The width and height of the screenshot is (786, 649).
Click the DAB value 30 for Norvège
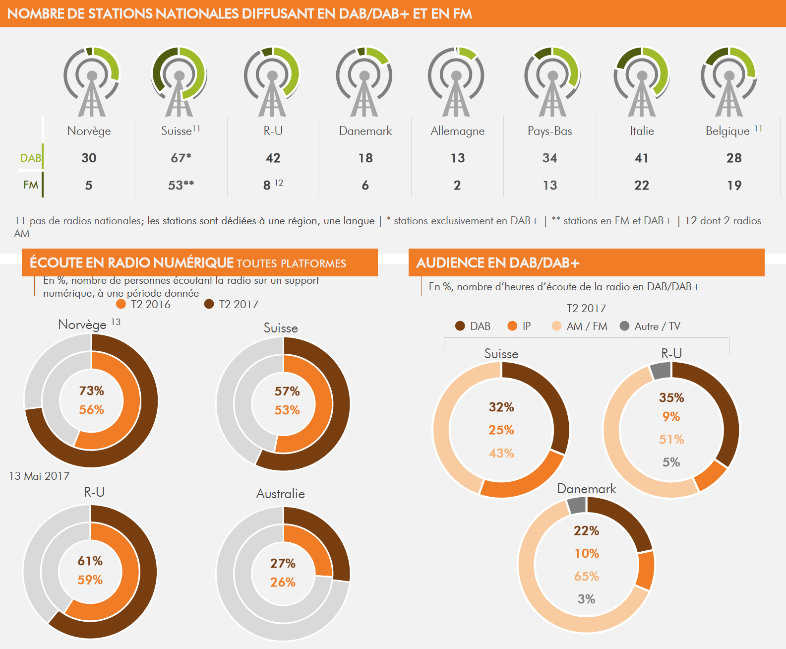(89, 158)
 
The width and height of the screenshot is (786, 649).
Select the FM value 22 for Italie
(641, 185)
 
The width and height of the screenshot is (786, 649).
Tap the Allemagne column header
(457, 131)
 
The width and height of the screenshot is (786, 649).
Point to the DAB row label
(30, 158)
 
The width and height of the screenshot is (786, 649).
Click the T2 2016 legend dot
(121, 304)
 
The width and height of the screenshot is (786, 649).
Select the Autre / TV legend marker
(624, 326)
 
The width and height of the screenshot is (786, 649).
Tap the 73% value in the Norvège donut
(92, 391)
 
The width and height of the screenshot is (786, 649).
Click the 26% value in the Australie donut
(283, 582)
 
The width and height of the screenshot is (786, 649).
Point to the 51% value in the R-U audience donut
(671, 439)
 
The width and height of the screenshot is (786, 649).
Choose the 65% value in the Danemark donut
(586, 576)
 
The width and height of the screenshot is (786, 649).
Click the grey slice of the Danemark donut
(577, 506)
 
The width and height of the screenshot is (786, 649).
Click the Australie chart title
(280, 494)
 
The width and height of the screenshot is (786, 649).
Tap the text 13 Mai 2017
(39, 476)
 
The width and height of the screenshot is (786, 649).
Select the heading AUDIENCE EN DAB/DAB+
(497, 263)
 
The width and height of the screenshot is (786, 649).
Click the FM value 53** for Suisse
(181, 185)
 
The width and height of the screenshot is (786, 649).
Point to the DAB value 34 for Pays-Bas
(549, 158)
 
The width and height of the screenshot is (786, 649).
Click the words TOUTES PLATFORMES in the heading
(291, 263)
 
